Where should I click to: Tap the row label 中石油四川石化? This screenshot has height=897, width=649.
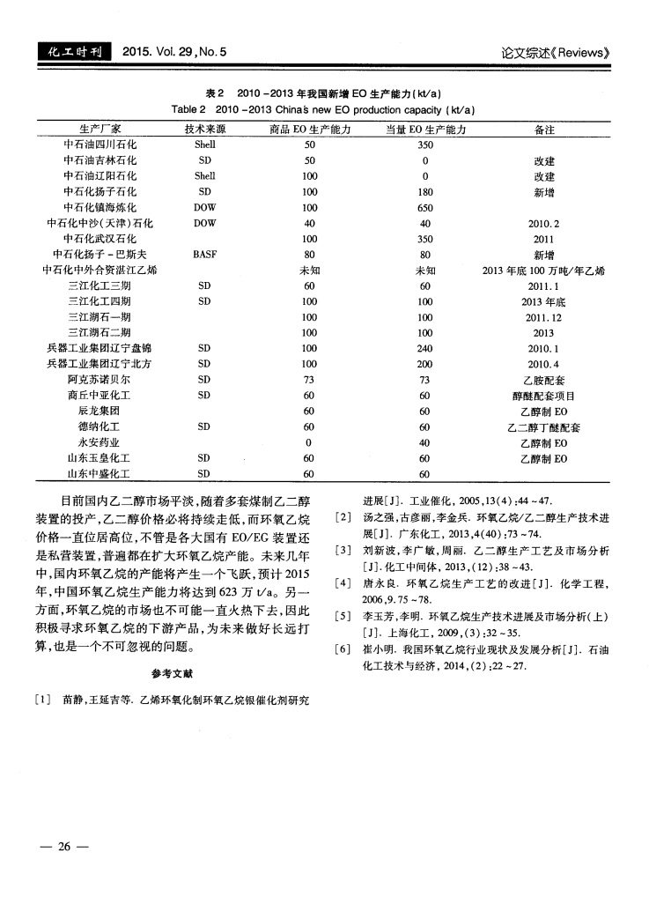[100, 145]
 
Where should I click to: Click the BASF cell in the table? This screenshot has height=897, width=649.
[204, 254]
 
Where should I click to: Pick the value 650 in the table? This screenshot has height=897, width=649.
[425, 206]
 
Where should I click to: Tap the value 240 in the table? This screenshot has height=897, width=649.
[425, 348]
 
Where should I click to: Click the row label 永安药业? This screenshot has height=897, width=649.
[100, 442]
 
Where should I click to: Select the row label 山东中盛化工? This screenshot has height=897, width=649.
[100, 474]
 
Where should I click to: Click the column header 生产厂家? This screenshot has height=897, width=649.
[100, 129]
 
